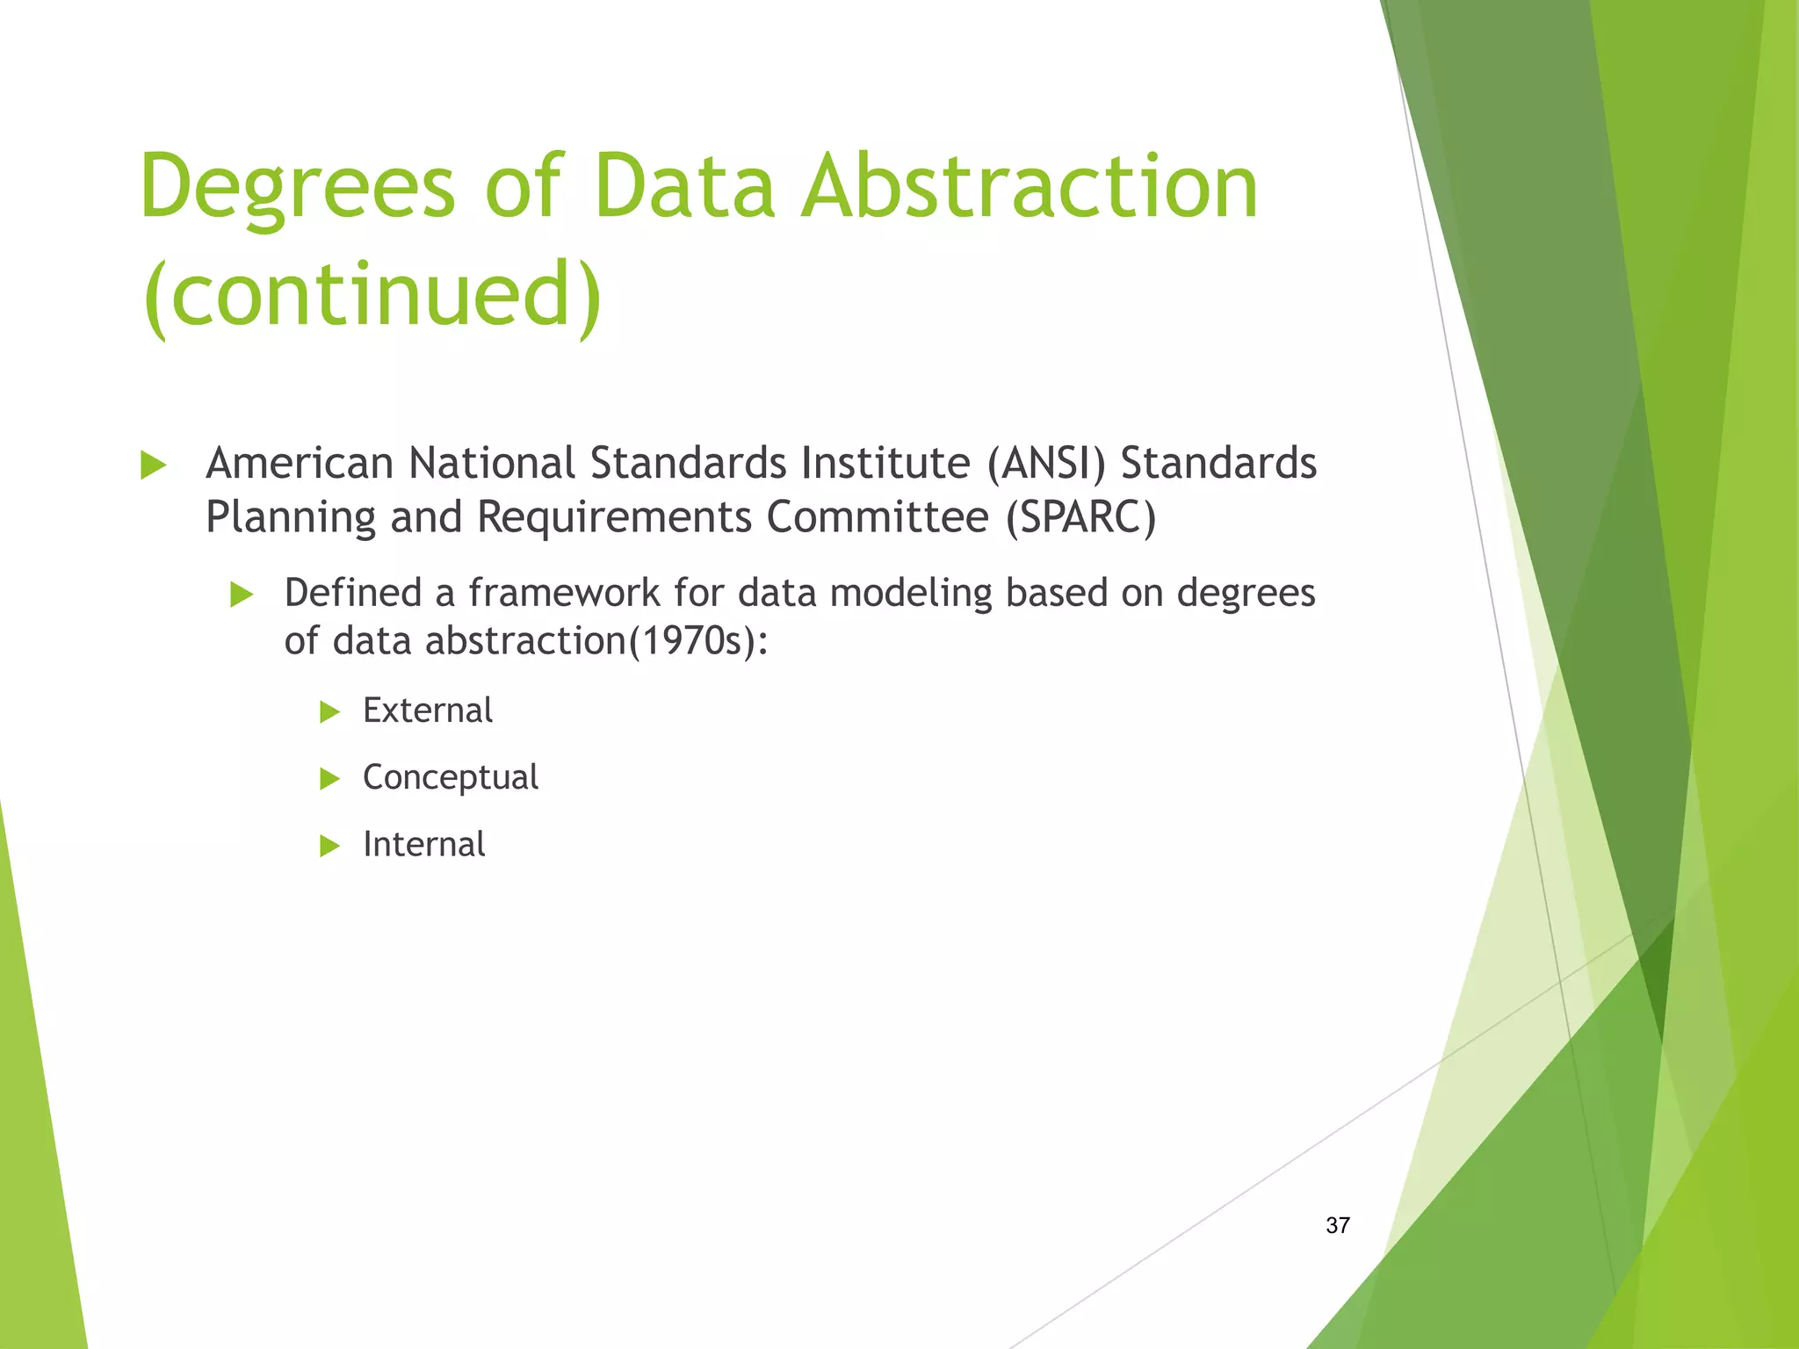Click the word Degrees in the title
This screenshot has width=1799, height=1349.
click(297, 186)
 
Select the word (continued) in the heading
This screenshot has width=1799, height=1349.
click(372, 295)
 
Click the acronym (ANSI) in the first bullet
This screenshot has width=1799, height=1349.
click(1045, 463)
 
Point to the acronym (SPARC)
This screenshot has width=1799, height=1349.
click(1080, 516)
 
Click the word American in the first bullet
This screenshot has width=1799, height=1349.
click(299, 463)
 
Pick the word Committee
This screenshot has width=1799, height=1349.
click(878, 516)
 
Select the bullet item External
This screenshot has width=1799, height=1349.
click(428, 711)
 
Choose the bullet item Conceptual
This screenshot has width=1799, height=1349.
click(450, 778)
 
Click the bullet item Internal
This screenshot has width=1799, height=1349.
click(423, 845)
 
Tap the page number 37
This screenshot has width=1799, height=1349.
click(1337, 1225)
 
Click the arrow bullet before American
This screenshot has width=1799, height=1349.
click(153, 465)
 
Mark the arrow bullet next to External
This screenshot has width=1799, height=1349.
click(329, 711)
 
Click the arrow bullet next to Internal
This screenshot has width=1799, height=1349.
click(329, 847)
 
